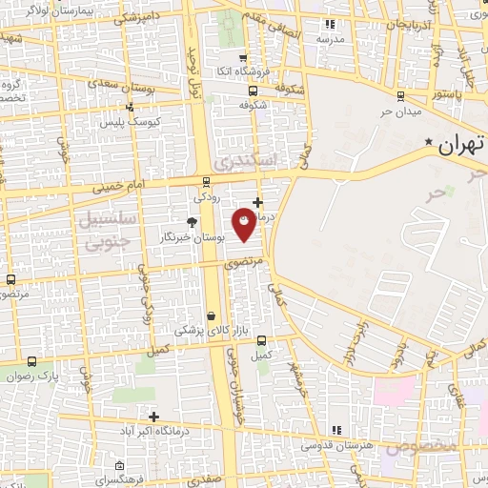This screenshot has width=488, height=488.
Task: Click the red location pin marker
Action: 245,225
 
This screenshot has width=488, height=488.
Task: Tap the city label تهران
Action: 461,146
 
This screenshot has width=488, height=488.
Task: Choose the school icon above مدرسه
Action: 330,24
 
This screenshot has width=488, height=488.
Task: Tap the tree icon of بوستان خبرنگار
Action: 193,222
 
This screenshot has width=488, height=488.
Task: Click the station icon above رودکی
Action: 207,181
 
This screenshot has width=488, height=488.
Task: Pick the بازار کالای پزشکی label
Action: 211,331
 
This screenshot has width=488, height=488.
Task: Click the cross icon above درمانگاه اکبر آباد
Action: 153,416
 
